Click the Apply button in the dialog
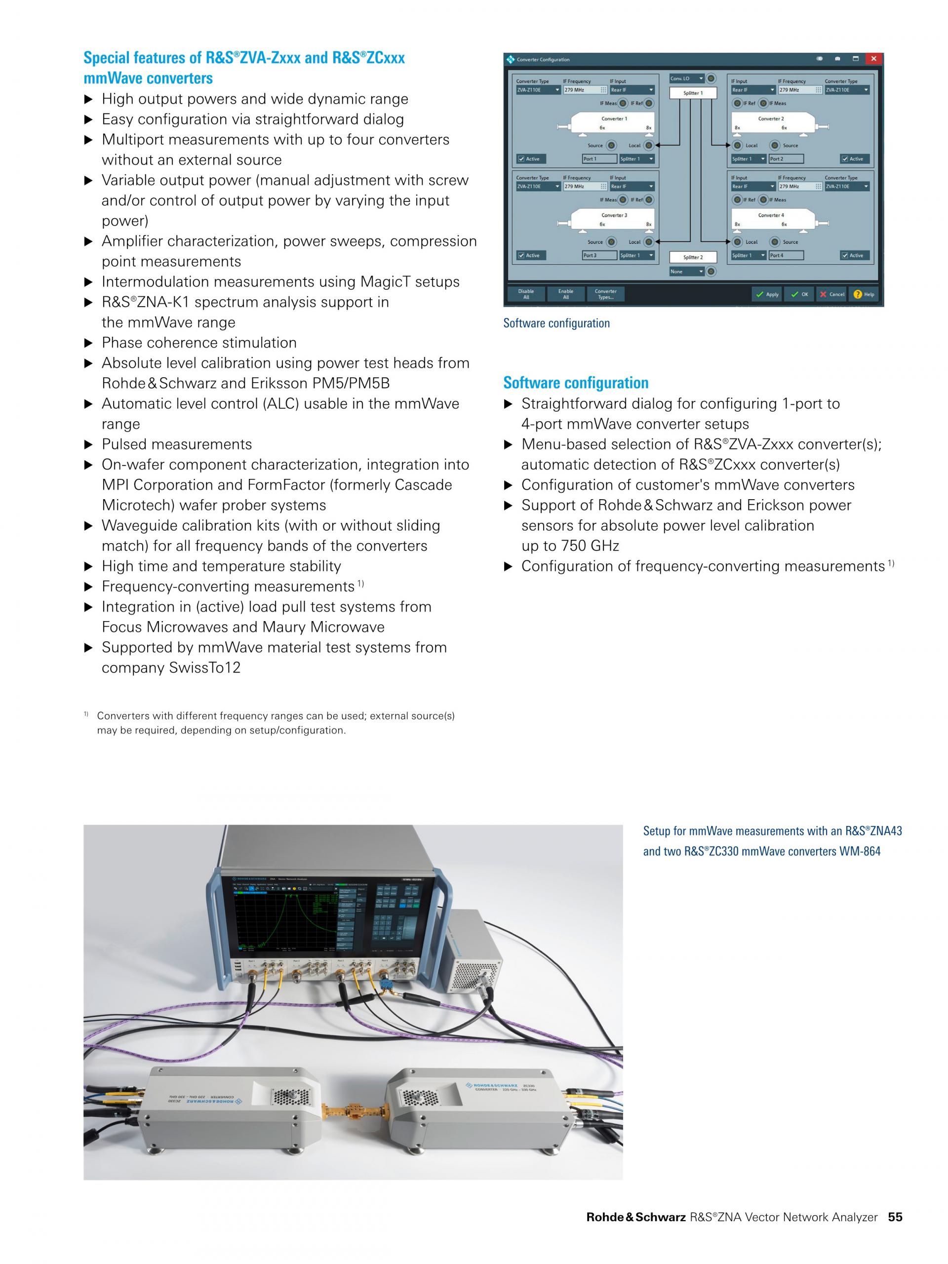tap(767, 294)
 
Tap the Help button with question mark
tap(864, 294)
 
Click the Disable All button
tap(526, 294)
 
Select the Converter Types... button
tap(605, 294)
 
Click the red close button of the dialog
tap(872, 59)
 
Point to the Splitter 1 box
tap(693, 92)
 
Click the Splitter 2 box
tap(693, 257)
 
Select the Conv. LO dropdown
tap(686, 79)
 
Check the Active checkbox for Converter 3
tap(521, 255)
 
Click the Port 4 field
tap(786, 255)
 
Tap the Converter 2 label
tap(770, 119)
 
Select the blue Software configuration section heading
tap(575, 382)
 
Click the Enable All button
tap(566, 294)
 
